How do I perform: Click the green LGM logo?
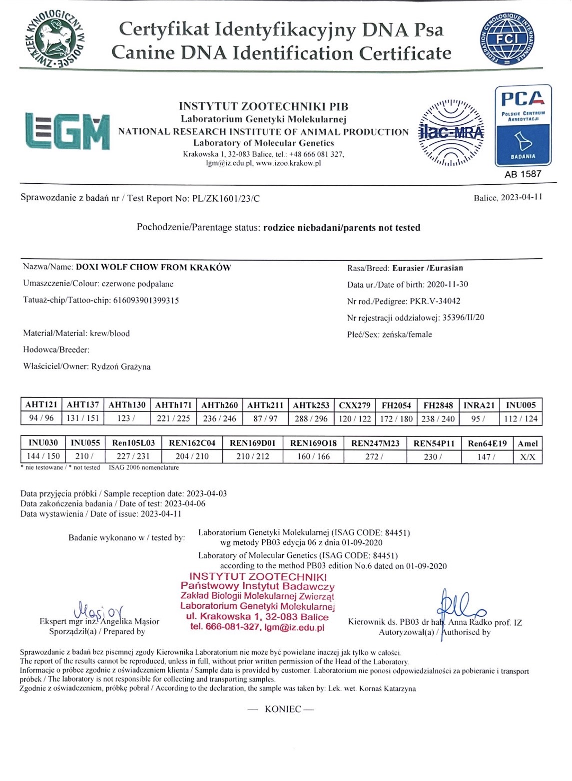(x=67, y=131)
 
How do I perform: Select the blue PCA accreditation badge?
(x=523, y=125)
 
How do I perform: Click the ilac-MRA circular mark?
(x=451, y=132)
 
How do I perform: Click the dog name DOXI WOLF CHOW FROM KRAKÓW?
(x=153, y=267)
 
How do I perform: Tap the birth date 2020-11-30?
(x=447, y=284)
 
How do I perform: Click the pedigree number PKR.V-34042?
(x=435, y=301)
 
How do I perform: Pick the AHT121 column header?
(x=41, y=404)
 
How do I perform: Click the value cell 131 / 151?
(x=82, y=418)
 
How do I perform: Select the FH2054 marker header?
(x=396, y=405)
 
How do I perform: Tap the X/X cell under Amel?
(x=528, y=456)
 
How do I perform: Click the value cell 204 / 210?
(x=192, y=456)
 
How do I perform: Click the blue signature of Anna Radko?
(x=461, y=605)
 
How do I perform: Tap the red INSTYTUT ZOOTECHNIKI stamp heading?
(x=258, y=577)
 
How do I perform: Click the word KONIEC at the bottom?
(x=283, y=709)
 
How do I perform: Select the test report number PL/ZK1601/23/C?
(x=226, y=198)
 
